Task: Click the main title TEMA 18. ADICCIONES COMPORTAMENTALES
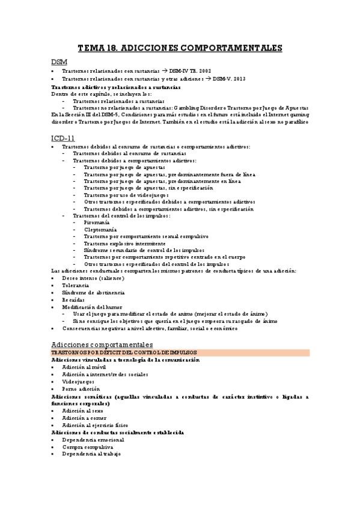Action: click(180, 48)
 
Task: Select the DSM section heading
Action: click(59, 63)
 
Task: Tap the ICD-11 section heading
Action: click(63, 138)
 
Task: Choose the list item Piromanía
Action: click(97, 223)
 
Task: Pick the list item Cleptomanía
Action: click(100, 230)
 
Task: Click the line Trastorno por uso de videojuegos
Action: click(127, 195)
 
